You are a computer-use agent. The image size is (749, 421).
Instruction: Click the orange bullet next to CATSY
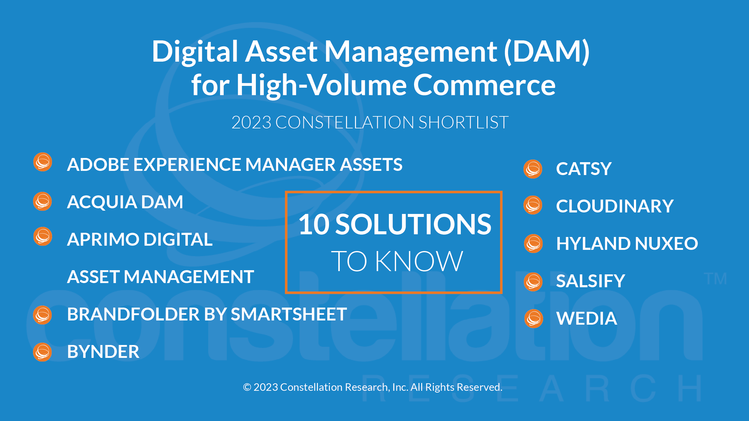point(533,169)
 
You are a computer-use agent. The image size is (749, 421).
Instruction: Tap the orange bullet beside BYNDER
point(42,352)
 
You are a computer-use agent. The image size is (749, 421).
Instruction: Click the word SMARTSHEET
point(289,314)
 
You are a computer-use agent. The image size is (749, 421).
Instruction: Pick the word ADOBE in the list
point(99,165)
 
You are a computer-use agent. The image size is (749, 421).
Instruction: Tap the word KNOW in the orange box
point(419,261)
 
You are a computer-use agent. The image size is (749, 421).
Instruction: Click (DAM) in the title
point(547,51)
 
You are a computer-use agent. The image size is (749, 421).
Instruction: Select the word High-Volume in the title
point(321,85)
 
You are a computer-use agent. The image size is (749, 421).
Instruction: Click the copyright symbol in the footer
point(247,387)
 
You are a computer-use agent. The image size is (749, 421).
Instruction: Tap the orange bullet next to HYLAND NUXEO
point(533,244)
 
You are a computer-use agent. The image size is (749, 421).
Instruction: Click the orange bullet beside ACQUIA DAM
point(42,201)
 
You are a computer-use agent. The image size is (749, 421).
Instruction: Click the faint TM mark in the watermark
point(715,279)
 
